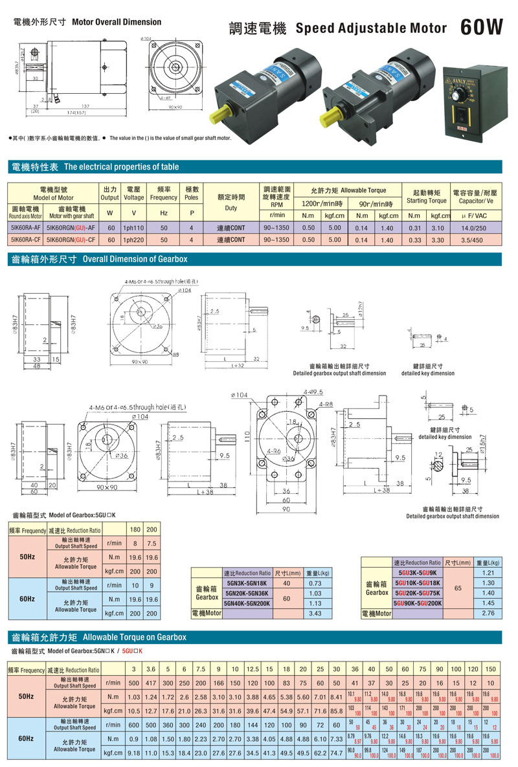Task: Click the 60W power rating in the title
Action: coord(482,27)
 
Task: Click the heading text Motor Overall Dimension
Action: coord(117,22)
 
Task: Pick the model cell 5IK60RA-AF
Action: coord(26,228)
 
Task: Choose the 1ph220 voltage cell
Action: coord(134,239)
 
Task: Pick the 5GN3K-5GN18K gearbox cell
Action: coord(247,584)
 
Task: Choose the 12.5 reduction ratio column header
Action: coord(252,669)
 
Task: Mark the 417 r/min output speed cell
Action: coord(151,682)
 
